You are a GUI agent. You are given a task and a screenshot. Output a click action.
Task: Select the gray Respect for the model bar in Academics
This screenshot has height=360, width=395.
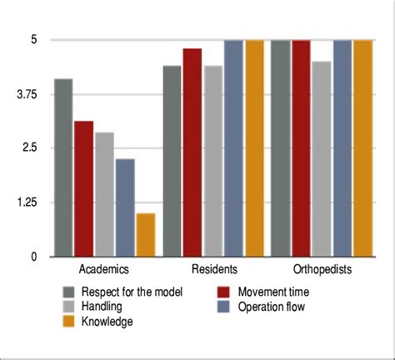(x=63, y=167)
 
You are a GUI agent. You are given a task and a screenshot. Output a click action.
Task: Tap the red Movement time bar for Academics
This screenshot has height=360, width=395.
(x=83, y=189)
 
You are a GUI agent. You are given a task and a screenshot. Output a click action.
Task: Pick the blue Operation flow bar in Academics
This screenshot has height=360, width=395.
(x=125, y=207)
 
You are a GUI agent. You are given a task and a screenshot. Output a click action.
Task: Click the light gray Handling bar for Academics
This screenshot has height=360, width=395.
(x=104, y=194)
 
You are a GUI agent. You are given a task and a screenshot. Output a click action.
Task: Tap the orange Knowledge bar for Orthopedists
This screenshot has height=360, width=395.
(x=362, y=148)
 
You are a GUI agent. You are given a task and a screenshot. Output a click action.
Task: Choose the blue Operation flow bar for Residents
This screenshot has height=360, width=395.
(x=233, y=148)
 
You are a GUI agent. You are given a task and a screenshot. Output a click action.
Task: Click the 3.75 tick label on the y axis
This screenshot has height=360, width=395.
(x=27, y=95)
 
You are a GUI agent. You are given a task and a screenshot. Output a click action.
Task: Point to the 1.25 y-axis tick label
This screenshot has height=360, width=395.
(x=27, y=202)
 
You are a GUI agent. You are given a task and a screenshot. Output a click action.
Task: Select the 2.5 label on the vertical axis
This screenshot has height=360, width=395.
(x=30, y=148)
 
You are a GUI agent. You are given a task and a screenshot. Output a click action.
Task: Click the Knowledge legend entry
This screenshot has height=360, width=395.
(x=106, y=321)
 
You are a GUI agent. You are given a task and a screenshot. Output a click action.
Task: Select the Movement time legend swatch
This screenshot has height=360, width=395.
(x=222, y=292)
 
